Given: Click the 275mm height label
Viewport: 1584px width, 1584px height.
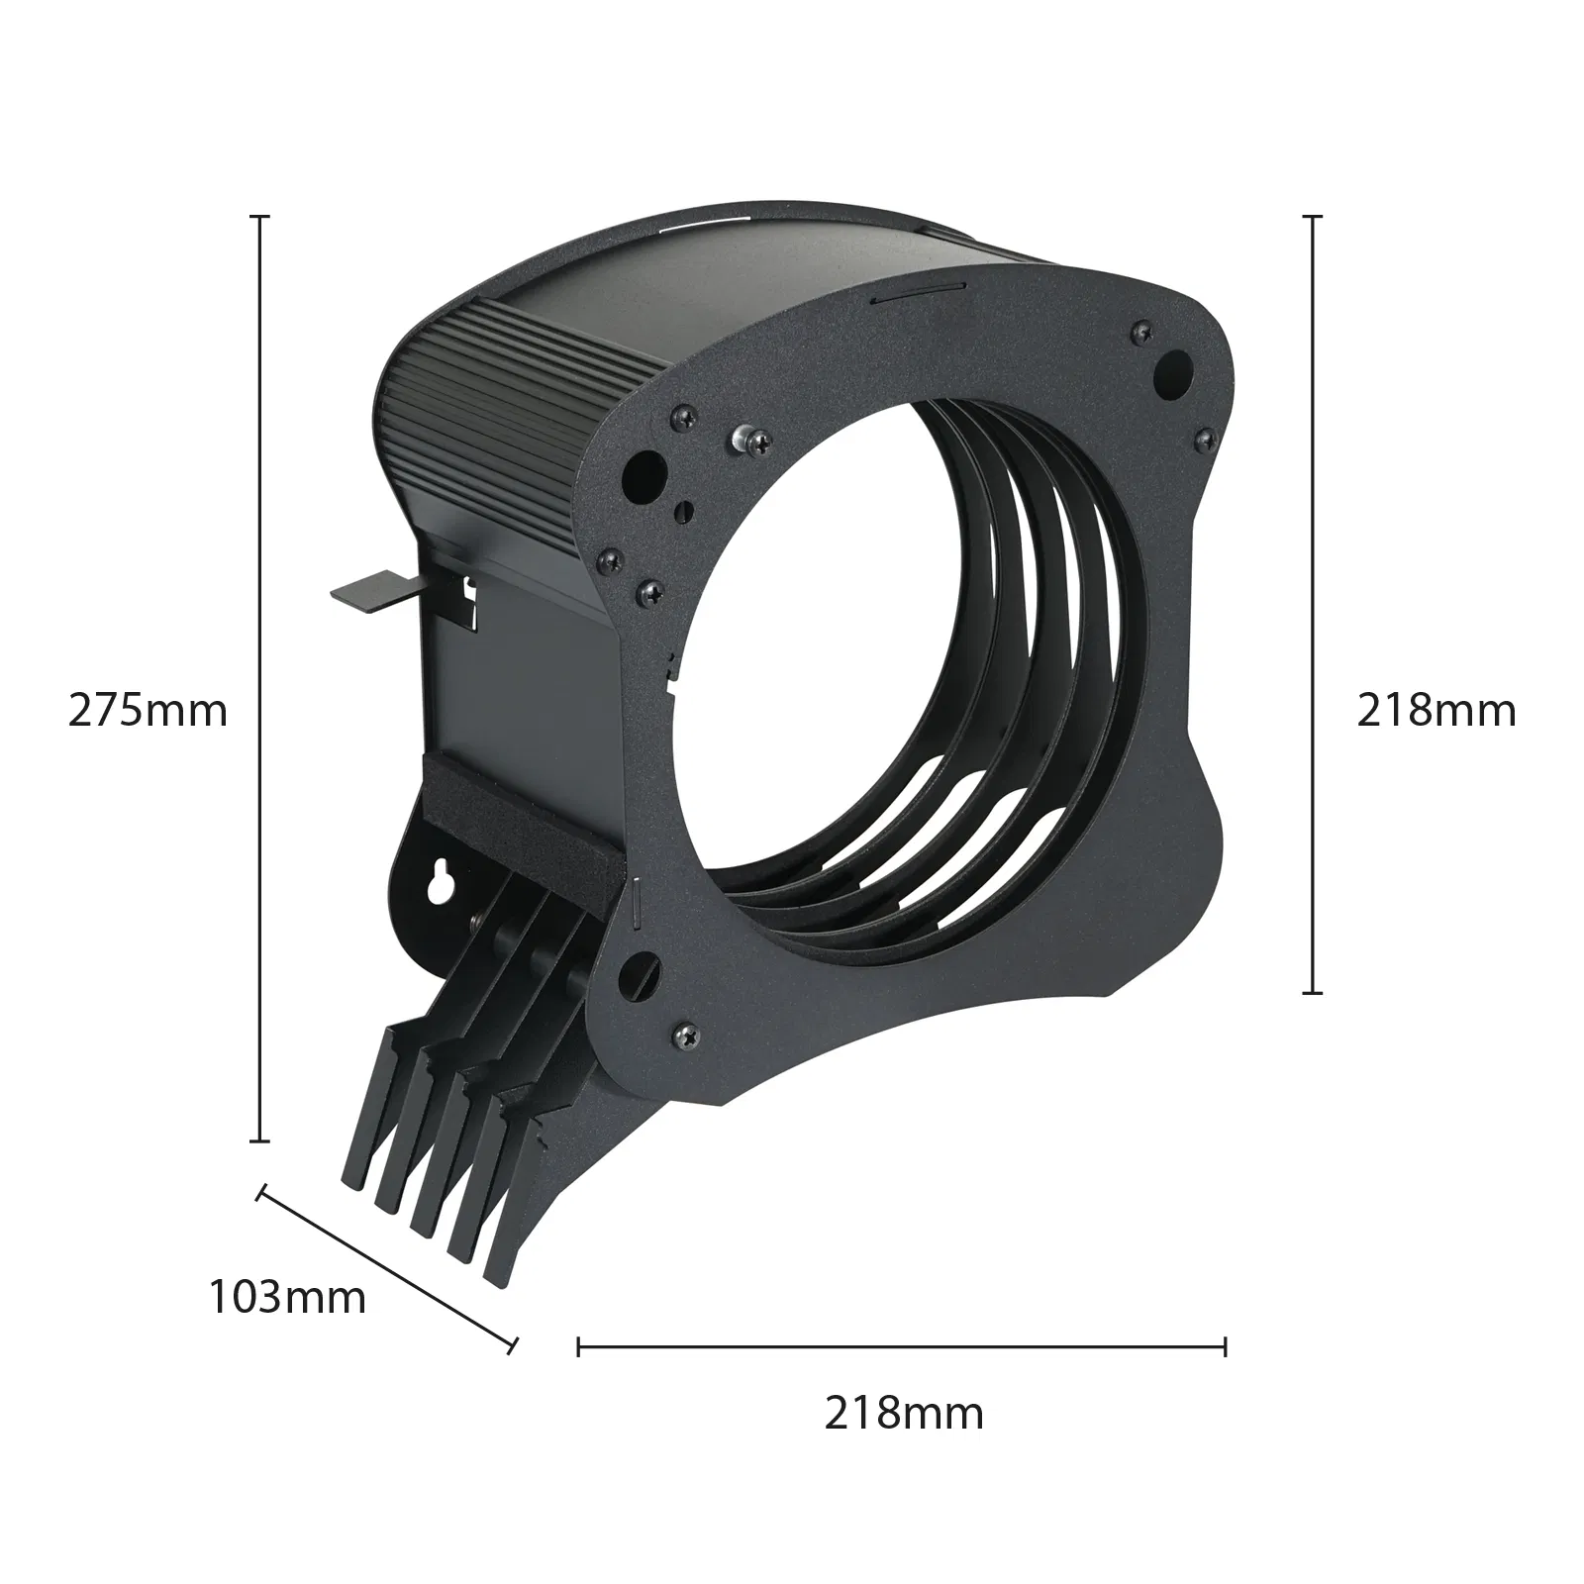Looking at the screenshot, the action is (x=148, y=711).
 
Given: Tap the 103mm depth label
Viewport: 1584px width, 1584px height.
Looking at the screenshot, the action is (x=287, y=1297).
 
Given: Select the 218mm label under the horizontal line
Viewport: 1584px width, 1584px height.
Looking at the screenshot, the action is (x=904, y=1413).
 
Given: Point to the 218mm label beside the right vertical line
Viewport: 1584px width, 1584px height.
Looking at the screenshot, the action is (x=1436, y=711).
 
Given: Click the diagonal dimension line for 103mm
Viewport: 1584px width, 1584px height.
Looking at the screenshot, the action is (x=387, y=1267).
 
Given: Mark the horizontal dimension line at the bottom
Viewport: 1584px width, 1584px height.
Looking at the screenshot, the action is (x=902, y=1345).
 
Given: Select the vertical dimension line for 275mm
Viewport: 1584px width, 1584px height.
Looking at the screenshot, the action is (x=260, y=677).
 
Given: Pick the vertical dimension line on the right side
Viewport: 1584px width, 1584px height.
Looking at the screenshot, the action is (x=1313, y=603).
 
